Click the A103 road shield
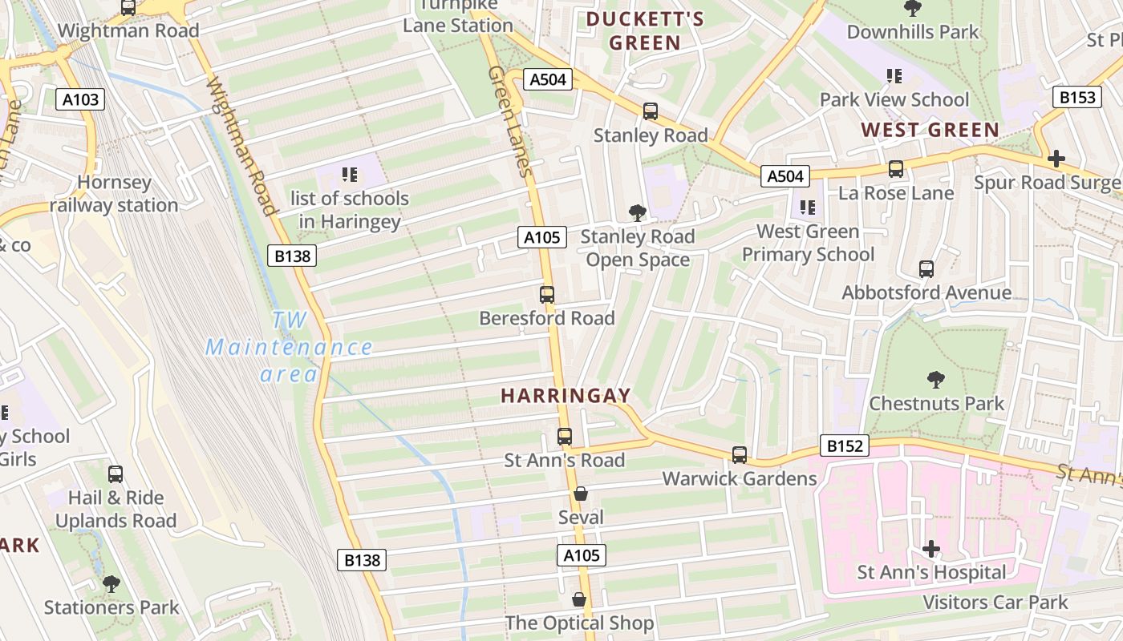(80, 99)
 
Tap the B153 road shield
(1076, 97)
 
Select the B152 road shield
(845, 445)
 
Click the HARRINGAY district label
(566, 396)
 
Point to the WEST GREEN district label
(930, 130)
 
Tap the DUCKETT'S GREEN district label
(645, 30)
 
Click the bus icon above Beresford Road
(547, 295)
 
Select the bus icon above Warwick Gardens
(739, 455)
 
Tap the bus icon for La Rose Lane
(895, 170)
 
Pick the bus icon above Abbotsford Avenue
(926, 269)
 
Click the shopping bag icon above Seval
(580, 494)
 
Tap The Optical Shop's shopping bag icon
(578, 600)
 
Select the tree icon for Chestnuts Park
(935, 380)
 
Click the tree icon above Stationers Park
(111, 584)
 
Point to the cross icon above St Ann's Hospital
(930, 549)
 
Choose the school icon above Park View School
(894, 77)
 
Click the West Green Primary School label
(808, 243)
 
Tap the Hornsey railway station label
(114, 194)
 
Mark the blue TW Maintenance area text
(289, 347)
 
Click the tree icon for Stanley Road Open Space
(638, 213)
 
